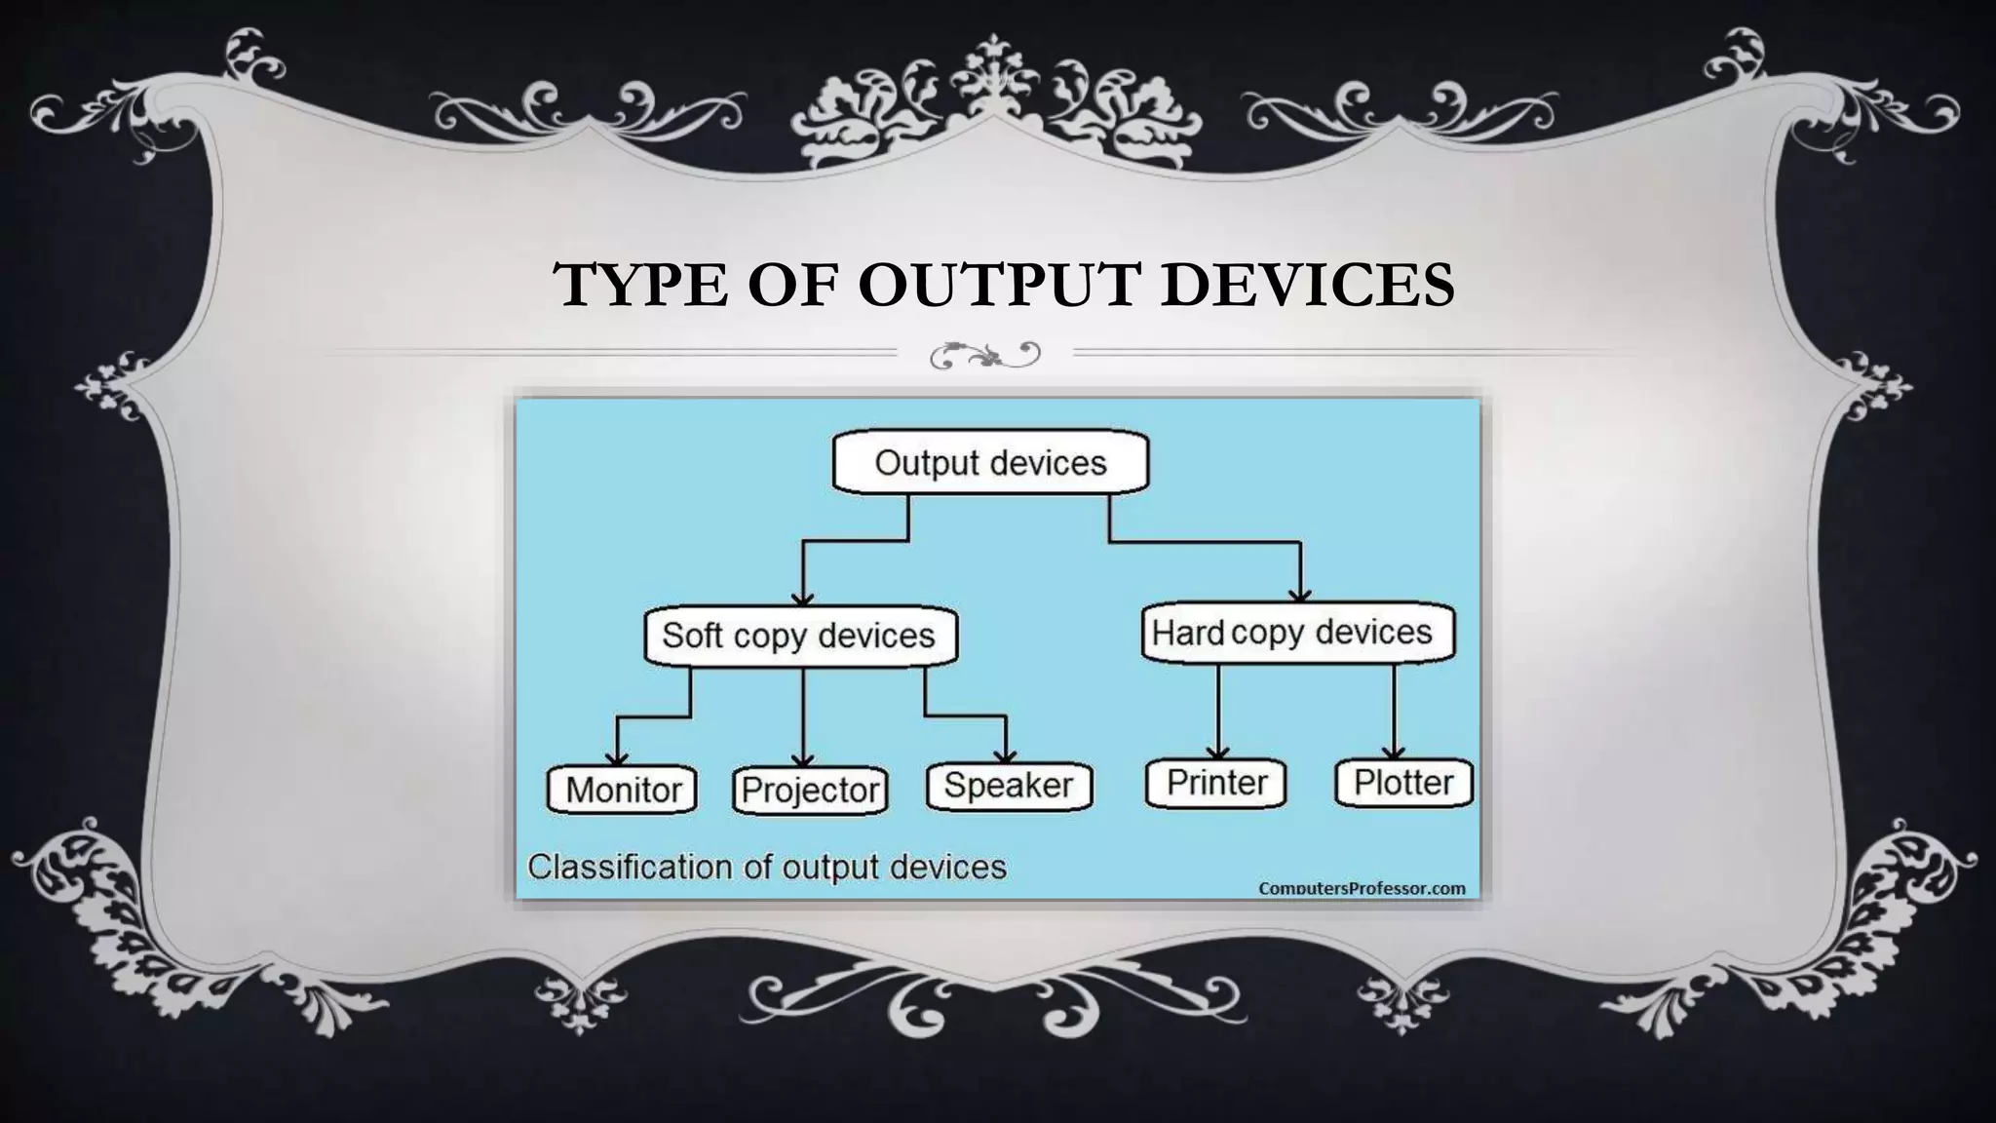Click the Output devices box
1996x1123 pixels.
pos(990,462)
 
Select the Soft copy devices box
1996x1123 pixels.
pos(800,636)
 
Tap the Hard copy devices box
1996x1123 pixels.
pos(1296,633)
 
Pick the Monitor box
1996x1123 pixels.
pos(623,790)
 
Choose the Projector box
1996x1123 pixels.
pos(810,790)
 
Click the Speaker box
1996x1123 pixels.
pos(1009,786)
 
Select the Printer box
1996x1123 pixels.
pos(1216,783)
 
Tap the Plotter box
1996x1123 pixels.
pos(1403,783)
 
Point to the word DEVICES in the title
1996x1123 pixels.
pos(1308,285)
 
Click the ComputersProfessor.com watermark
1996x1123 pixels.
pos(1362,888)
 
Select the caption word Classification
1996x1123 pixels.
pos(630,867)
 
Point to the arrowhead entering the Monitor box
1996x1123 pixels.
pos(617,759)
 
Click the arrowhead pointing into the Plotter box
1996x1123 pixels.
pos(1394,753)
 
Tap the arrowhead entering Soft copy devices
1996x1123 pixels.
pos(802,600)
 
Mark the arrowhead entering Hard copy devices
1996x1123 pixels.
pos(1300,595)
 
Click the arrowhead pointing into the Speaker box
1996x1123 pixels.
pos(1006,756)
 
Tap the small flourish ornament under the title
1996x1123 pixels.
pos(985,354)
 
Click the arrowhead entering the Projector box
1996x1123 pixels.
pos(802,760)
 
